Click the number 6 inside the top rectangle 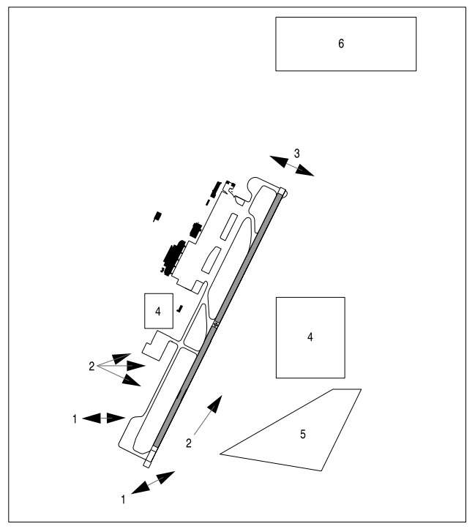tap(341, 44)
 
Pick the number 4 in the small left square tap(157, 311)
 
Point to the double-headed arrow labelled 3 tap(291, 166)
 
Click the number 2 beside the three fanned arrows tap(91, 367)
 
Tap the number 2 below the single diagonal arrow tap(189, 443)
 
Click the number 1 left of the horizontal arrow tap(75, 419)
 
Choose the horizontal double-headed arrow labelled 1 tap(104, 418)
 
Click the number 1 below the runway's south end tap(123, 500)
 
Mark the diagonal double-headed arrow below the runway tap(153, 483)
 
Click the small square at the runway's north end tap(282, 192)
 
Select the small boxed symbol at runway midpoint tap(215, 325)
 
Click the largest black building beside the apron tap(173, 260)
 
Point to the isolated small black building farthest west tap(157, 217)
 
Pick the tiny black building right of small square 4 tap(179, 309)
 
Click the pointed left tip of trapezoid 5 tap(221, 454)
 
